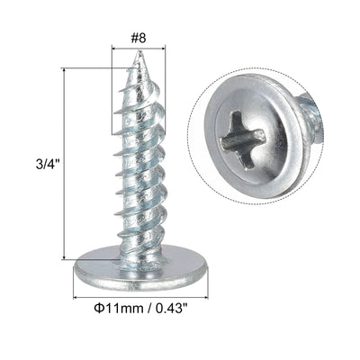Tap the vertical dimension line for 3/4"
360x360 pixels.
tap(64, 166)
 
